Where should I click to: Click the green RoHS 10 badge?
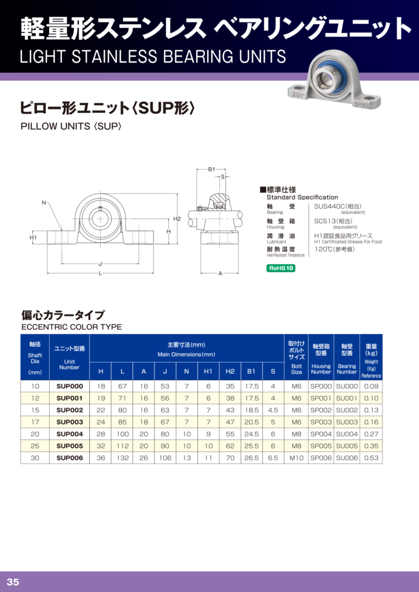point(281,268)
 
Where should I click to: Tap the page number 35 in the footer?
point(13,582)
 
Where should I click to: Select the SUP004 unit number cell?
point(69,434)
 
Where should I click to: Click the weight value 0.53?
point(371,458)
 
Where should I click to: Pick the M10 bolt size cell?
point(296,458)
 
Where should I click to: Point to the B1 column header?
point(251,372)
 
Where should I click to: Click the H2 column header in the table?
point(230,372)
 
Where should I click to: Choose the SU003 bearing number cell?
point(347,422)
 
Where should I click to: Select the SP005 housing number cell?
point(321,446)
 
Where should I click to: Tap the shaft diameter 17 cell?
point(35,422)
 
